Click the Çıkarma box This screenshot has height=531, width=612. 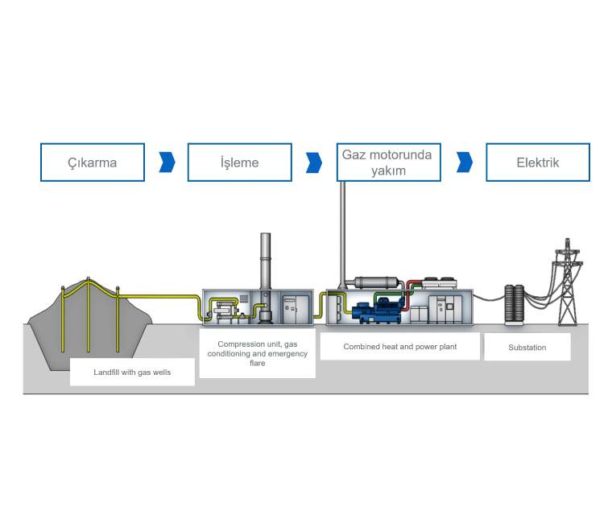[92, 163]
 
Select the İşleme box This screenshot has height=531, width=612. [239, 163]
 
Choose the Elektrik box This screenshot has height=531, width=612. [537, 163]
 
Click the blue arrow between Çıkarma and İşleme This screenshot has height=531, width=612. [167, 163]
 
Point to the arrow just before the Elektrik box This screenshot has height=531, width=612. [464, 163]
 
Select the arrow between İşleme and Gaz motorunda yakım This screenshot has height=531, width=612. [314, 163]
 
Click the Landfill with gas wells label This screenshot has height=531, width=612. [132, 373]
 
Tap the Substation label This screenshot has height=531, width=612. [527, 348]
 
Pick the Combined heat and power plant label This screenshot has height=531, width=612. [388, 348]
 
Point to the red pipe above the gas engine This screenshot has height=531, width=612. [412, 286]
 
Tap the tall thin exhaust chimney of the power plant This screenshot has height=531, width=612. [342, 229]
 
